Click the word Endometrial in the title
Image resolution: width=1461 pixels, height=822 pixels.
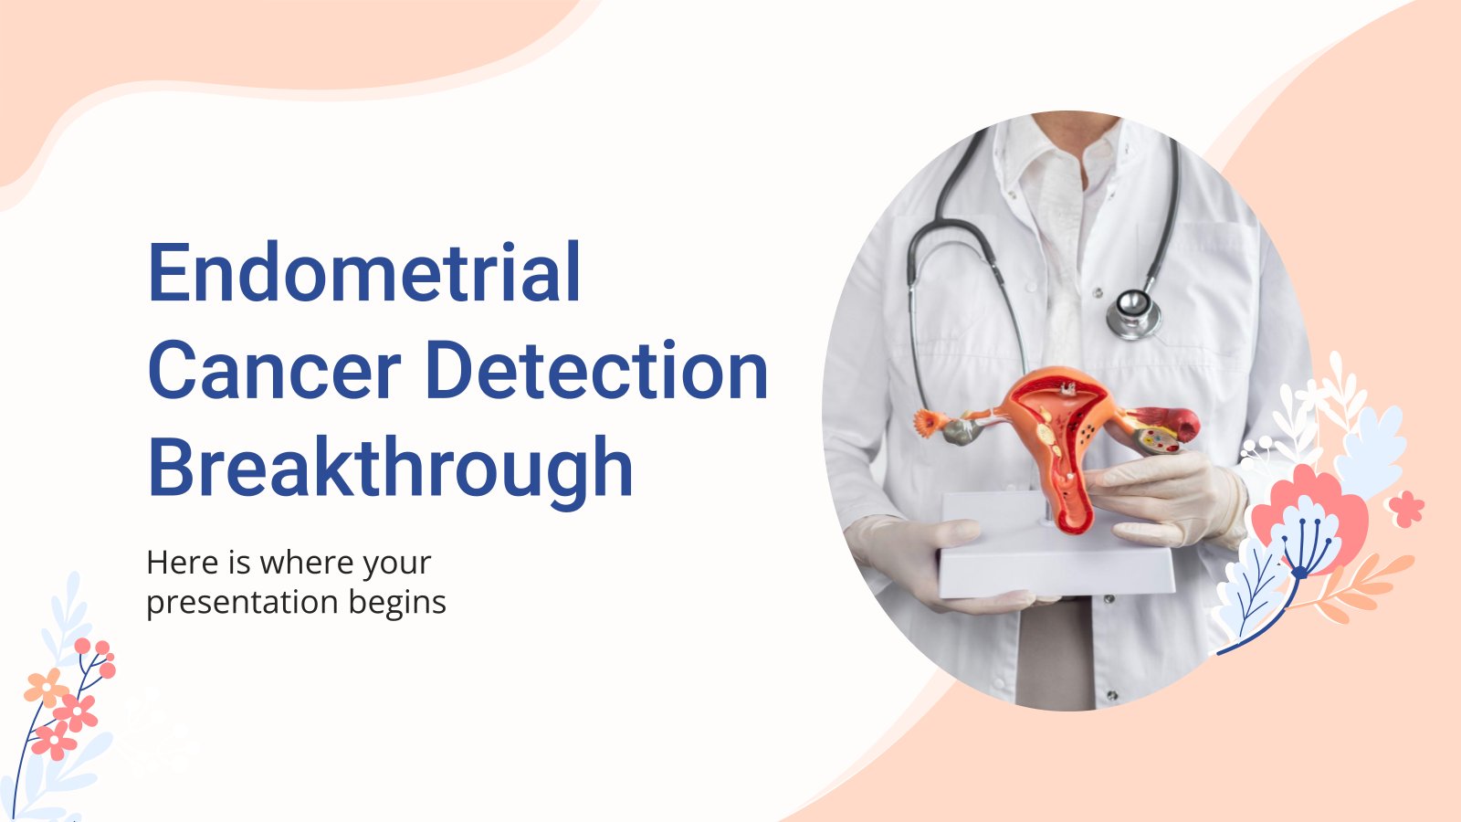click(364, 272)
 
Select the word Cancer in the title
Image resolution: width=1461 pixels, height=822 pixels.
click(274, 370)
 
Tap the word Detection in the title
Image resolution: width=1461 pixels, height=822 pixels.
click(597, 370)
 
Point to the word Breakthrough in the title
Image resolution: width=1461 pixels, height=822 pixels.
click(390, 469)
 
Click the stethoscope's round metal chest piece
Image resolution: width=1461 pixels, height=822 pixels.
click(1133, 314)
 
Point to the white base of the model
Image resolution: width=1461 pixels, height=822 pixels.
click(1056, 548)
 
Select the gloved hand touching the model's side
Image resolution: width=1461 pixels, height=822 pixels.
click(1168, 499)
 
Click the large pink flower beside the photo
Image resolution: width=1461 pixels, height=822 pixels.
click(1311, 515)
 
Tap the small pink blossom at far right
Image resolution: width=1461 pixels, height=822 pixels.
click(1405, 508)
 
